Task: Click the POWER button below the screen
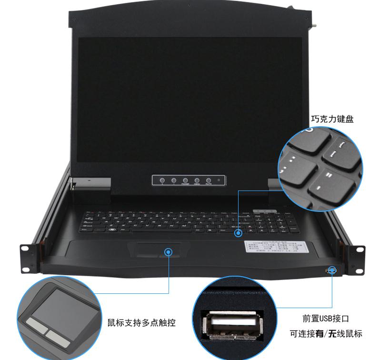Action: (185, 180)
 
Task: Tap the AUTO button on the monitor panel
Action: (208, 180)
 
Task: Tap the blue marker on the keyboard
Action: (238, 233)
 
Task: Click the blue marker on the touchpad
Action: (169, 251)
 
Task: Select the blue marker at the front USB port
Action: (332, 270)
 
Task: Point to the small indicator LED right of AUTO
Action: (219, 180)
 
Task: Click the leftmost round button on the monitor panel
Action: (162, 180)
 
